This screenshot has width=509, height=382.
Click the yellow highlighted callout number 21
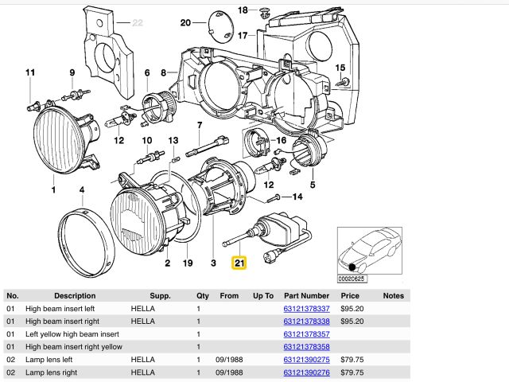pyautogui.click(x=239, y=263)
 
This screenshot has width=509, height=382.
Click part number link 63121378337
pyautogui.click(x=306, y=309)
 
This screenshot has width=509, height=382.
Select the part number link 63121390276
pyautogui.click(x=306, y=372)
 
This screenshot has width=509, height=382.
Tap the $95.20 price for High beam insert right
pyautogui.click(x=352, y=322)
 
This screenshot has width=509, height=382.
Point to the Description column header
pyautogui.click(x=75, y=296)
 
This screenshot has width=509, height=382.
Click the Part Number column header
pyautogui.click(x=306, y=296)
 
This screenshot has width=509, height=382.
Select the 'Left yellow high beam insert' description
pyautogui.click(x=72, y=334)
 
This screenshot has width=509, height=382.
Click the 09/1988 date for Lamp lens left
pyautogui.click(x=229, y=360)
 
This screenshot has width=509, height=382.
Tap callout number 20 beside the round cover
pyautogui.click(x=185, y=23)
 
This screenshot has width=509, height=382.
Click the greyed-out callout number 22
pyautogui.click(x=138, y=23)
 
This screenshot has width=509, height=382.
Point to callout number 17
pyautogui.click(x=243, y=35)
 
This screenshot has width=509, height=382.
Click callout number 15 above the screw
pyautogui.click(x=340, y=68)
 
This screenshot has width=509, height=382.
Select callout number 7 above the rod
pyautogui.click(x=200, y=125)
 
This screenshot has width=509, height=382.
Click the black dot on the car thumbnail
pyautogui.click(x=352, y=267)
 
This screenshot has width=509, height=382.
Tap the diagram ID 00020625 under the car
pyautogui.click(x=352, y=279)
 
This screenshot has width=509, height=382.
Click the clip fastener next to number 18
pyautogui.click(x=263, y=14)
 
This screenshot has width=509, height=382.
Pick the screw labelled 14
pyautogui.click(x=274, y=198)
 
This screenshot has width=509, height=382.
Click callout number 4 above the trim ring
pyautogui.click(x=82, y=190)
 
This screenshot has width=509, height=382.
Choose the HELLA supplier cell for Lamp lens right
pyautogui.click(x=142, y=372)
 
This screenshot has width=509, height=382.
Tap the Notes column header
pyautogui.click(x=393, y=296)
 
